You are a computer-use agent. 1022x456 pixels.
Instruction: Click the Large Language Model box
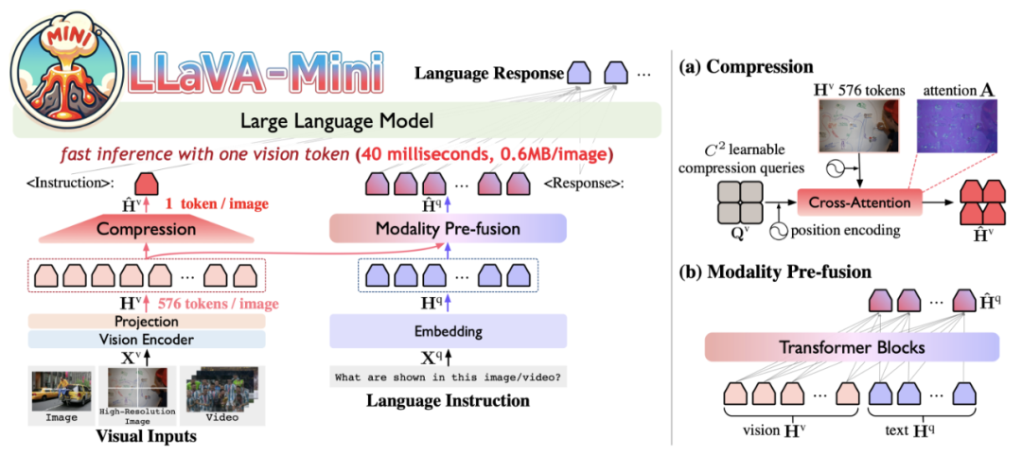click(x=336, y=121)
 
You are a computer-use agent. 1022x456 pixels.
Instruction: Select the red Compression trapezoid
click(x=147, y=228)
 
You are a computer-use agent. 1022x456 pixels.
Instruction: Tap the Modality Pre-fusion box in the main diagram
click(x=447, y=228)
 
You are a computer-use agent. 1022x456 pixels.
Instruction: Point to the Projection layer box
click(x=147, y=322)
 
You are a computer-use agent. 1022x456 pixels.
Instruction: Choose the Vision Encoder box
click(x=147, y=339)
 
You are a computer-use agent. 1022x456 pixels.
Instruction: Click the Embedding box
click(x=447, y=331)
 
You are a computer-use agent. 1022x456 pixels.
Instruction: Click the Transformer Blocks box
click(x=853, y=347)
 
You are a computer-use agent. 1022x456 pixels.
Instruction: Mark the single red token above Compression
click(x=147, y=184)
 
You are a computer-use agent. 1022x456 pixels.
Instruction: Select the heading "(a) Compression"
click(x=746, y=67)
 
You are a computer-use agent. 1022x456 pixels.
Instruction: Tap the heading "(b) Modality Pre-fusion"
click(x=777, y=272)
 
